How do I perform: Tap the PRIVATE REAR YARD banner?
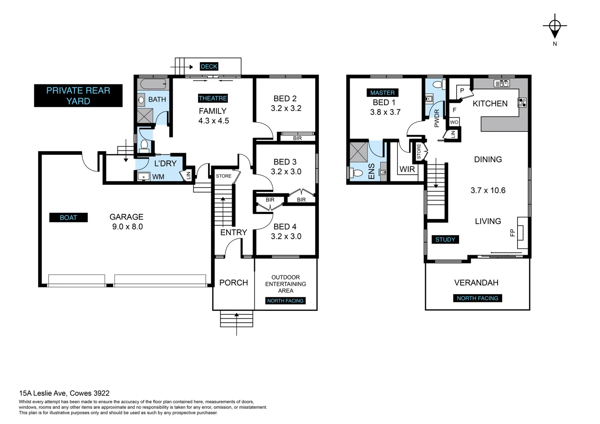[x=78, y=96]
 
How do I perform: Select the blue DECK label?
[x=209, y=66]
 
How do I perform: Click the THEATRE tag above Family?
[x=213, y=98]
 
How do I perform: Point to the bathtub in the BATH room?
[x=153, y=84]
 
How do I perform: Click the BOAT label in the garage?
[x=68, y=217]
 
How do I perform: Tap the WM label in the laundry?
[x=158, y=177]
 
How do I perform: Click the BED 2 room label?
[x=285, y=99]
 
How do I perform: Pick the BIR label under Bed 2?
[x=297, y=138]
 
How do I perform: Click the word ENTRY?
[x=234, y=232]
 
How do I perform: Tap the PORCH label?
[x=234, y=283]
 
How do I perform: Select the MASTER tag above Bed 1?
[x=382, y=93]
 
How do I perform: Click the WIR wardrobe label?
[x=407, y=169]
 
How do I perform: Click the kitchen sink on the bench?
[x=501, y=83]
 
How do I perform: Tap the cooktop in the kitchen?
[x=522, y=102]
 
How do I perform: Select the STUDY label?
[x=445, y=239]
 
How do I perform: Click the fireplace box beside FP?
[x=521, y=232]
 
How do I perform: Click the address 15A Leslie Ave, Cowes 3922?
[x=64, y=393]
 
